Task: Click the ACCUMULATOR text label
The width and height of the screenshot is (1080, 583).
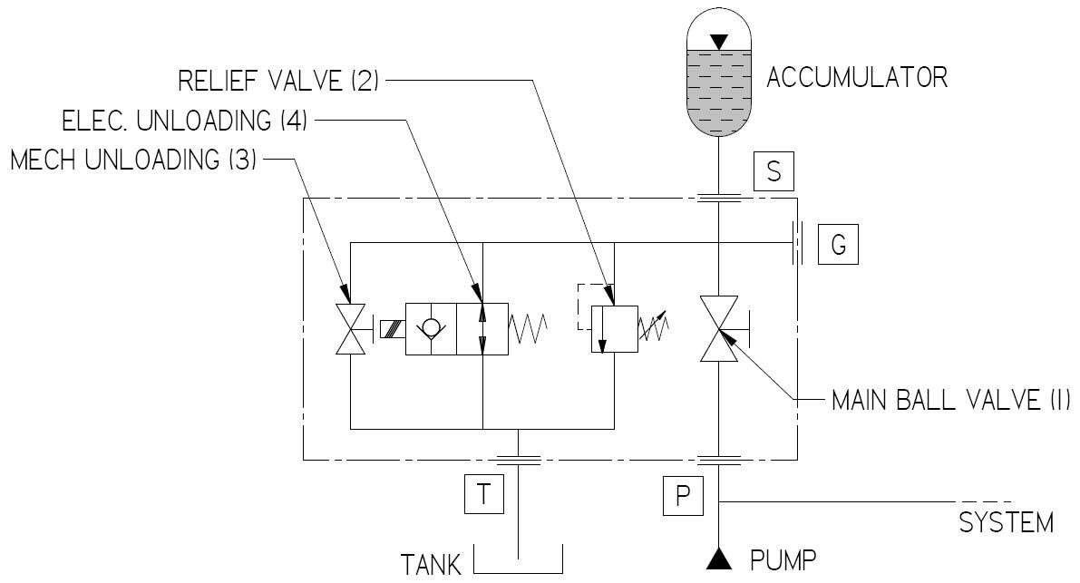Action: click(857, 77)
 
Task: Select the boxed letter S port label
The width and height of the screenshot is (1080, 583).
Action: click(774, 170)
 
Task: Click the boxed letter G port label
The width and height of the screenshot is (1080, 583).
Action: click(838, 245)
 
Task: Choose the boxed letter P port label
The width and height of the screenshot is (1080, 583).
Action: click(683, 494)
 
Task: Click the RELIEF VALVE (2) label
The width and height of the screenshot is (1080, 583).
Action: click(278, 81)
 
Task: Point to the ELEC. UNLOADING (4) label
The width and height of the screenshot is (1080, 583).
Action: click(184, 121)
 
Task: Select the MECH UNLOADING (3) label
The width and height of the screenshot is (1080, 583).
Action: click(134, 160)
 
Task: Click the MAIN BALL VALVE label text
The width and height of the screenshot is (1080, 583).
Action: click(950, 399)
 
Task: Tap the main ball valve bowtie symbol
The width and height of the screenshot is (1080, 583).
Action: click(718, 329)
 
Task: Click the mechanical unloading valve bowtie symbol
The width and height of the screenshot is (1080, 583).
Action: click(350, 327)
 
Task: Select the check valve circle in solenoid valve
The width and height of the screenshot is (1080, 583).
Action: click(430, 327)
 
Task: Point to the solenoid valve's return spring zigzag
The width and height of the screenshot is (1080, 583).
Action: click(529, 327)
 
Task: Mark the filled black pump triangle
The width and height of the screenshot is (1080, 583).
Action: click(718, 559)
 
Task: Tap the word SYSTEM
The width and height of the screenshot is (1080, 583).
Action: click(1006, 523)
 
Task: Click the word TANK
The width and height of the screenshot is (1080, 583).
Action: click(432, 565)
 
